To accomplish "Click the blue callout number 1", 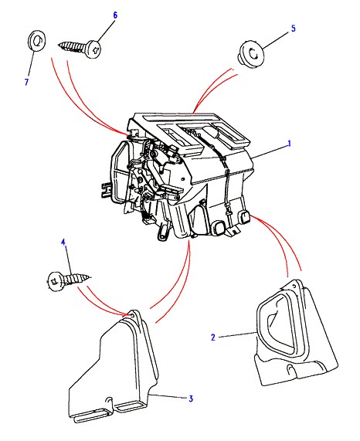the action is coord(289,144).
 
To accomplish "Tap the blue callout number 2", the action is coord(213,337).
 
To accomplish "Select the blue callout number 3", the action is coord(191,399).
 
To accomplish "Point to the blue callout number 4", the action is coord(63,243).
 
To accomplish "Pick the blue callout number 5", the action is coord(294,29).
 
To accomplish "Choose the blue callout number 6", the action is coord(115,15).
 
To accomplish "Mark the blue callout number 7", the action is coord(26,82).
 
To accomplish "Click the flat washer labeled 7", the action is coord(37,41).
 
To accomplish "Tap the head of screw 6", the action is coord(93,49).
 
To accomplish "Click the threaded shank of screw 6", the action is coord(73,46).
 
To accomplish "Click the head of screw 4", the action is coord(56,281).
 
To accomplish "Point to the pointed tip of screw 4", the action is coord(90,277).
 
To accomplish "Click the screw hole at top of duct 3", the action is coord(132,315).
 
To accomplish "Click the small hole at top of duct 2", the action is coord(294,286).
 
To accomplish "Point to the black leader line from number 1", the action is coord(270,152).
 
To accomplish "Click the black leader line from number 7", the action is coord(31,64).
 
